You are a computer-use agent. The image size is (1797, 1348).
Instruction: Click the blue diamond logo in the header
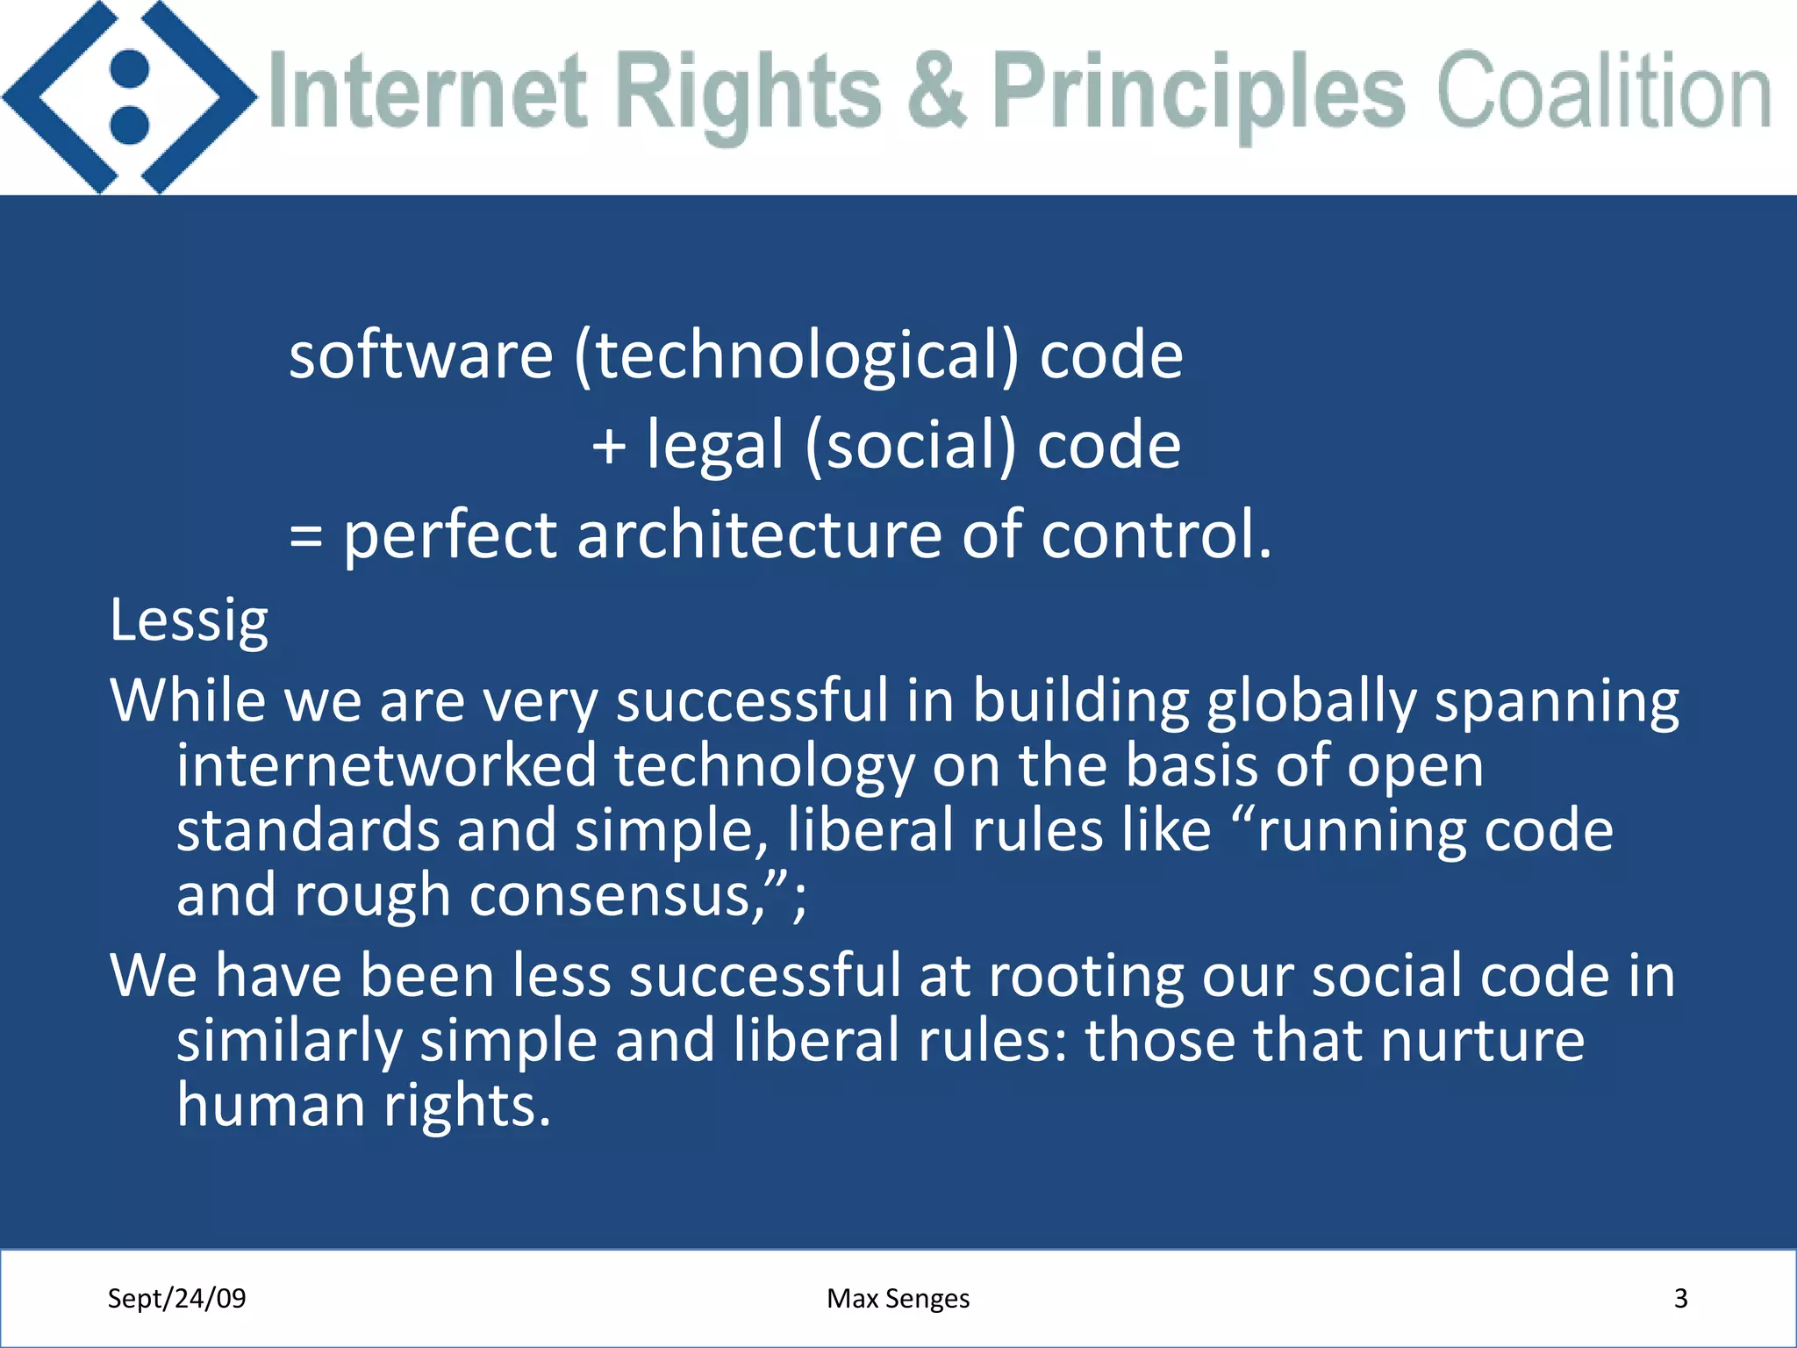point(130,97)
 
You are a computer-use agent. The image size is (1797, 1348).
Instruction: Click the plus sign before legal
point(609,446)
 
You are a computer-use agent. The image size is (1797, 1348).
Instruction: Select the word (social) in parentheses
point(910,446)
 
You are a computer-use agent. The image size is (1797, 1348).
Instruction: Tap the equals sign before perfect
point(305,536)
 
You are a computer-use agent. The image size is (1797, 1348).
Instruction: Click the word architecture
point(759,534)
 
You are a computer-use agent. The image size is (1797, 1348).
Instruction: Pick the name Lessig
point(189,621)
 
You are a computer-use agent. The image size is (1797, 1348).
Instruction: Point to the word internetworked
point(387,765)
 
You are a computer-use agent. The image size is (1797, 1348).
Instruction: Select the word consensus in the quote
point(618,896)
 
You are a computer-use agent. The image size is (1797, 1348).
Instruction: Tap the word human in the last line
point(270,1105)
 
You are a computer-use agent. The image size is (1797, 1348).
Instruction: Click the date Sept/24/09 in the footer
point(176,1298)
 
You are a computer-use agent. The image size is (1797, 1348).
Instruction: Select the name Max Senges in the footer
point(898,1298)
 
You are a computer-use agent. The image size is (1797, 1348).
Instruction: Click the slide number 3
point(1680,1298)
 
